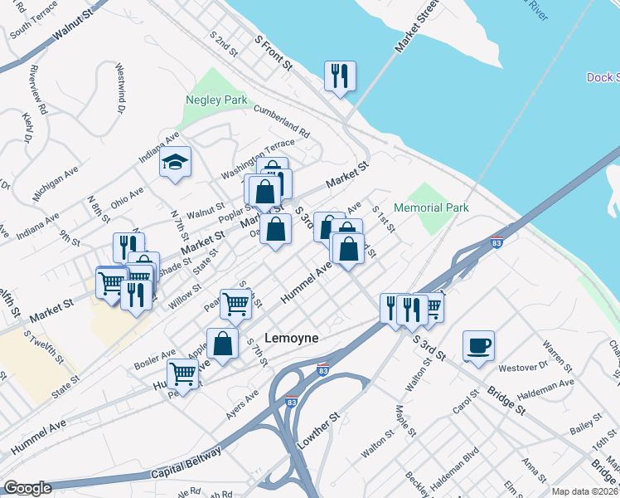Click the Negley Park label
[x=218, y=100]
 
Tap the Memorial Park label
[x=431, y=207]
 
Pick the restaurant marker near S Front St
[x=340, y=76]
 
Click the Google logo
[x=27, y=488]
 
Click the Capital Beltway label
[x=187, y=464]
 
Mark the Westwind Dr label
[x=120, y=88]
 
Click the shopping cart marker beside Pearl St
[x=235, y=305]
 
